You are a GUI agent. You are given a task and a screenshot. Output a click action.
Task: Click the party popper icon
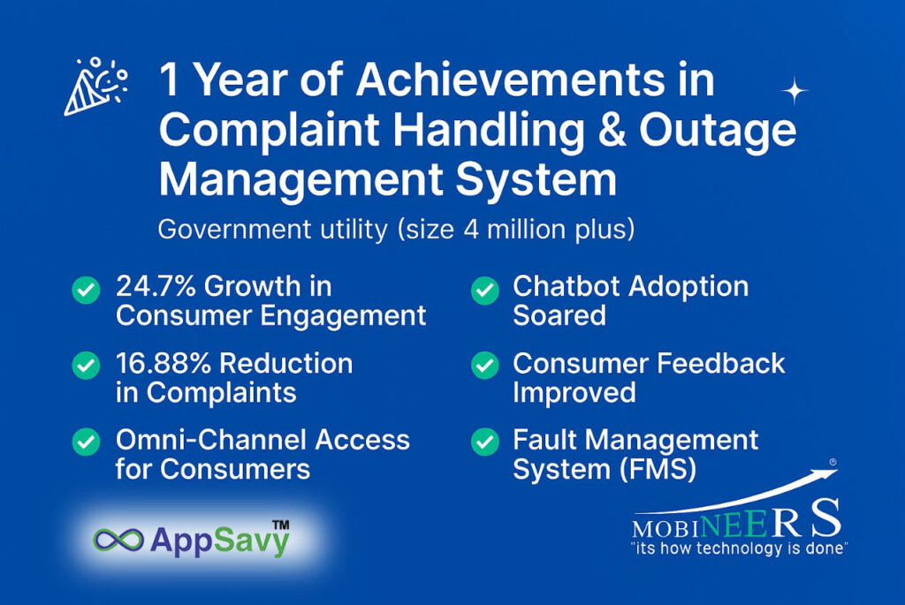[x=95, y=87]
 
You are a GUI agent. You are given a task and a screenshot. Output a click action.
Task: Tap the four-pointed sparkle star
[x=795, y=91]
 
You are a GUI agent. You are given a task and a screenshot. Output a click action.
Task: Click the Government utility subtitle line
[x=397, y=230]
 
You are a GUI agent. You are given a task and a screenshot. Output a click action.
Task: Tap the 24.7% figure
[x=156, y=286]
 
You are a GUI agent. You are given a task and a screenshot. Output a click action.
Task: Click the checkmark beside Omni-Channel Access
[x=86, y=442]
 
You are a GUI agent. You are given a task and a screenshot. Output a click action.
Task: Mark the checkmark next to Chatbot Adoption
[x=485, y=290]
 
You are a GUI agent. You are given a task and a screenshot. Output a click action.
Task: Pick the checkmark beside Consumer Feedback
[x=485, y=365]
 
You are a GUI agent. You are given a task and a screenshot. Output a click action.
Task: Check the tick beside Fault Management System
[x=485, y=442]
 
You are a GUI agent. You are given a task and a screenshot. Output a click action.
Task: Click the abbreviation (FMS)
[x=658, y=469]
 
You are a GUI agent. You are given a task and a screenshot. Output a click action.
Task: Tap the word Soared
[x=559, y=315]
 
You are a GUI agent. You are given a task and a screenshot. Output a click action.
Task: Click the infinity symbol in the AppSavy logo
[x=118, y=540]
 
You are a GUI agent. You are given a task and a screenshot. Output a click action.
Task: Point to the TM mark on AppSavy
[x=280, y=525]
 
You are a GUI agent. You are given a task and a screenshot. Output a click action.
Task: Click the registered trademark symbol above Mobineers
[x=833, y=462]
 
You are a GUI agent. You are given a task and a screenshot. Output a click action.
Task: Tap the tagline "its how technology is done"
[x=740, y=548]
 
